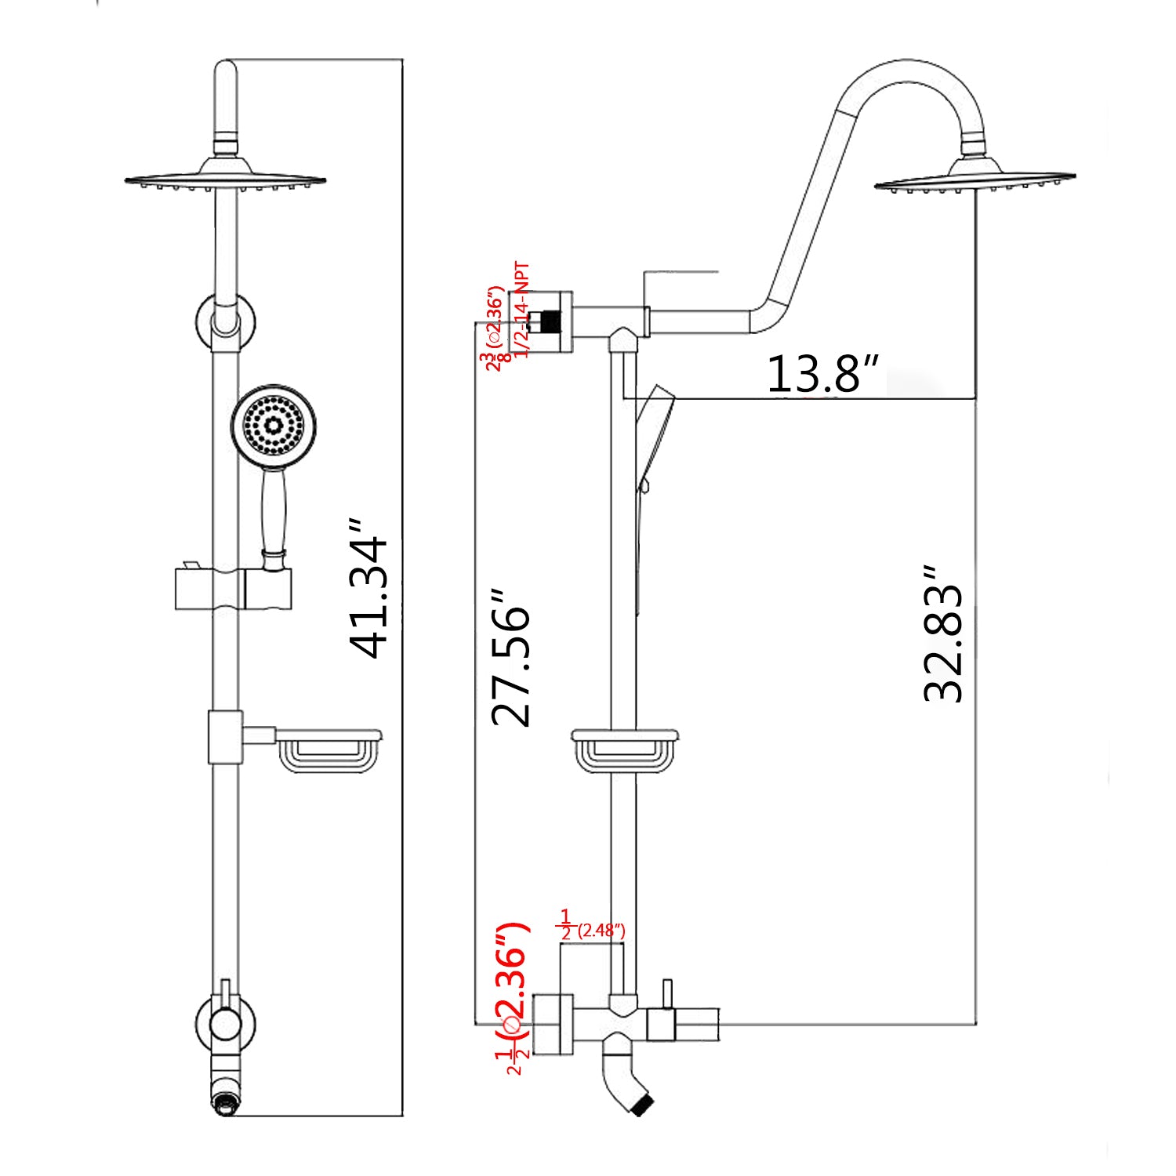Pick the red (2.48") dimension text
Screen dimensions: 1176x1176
click(x=601, y=931)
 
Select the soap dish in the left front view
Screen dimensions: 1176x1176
click(x=329, y=751)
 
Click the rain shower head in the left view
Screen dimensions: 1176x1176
click(x=225, y=180)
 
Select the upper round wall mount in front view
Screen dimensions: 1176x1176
click(x=225, y=321)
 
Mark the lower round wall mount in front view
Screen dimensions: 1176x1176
click(x=225, y=1024)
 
